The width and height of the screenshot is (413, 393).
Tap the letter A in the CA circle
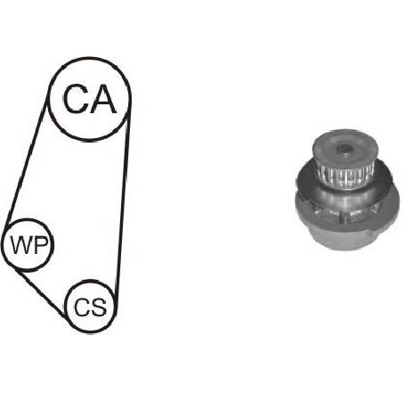click(102, 99)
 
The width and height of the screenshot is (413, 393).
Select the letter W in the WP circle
click(20, 245)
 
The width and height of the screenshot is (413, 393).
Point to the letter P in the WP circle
click(40, 245)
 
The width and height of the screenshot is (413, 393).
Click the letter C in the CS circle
click(82, 307)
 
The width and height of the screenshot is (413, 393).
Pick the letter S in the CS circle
click(99, 307)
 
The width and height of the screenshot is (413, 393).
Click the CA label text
click(90, 99)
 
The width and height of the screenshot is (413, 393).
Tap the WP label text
click(28, 245)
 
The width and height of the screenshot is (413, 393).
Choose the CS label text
click(90, 307)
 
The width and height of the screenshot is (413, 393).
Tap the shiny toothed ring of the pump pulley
click(345, 177)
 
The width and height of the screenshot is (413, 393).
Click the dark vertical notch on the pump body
click(344, 219)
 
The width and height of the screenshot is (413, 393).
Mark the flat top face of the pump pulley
click(344, 150)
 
